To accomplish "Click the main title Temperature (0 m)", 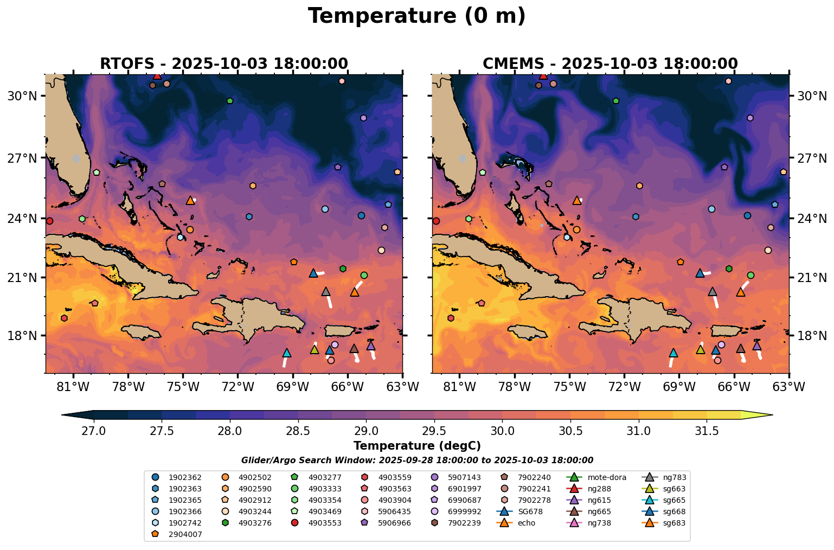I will [416, 16].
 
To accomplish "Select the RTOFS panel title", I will [223, 63].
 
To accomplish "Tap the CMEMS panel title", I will [610, 63].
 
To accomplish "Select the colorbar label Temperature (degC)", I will [416, 446].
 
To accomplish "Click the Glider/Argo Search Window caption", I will [416, 460].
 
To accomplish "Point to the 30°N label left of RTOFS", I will [23, 96].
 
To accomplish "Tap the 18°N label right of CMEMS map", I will [811, 336].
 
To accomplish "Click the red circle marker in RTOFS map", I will [49, 221].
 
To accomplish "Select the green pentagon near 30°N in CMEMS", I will [616, 101].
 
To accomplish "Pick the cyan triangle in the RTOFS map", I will [287, 353].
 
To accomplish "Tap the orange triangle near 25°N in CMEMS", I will [577, 201].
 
